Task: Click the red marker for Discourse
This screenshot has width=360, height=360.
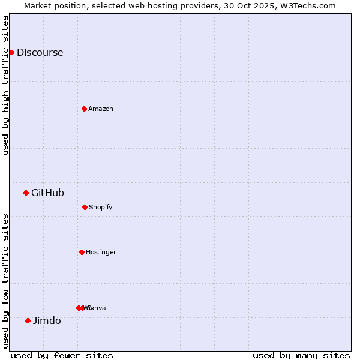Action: pos(11,52)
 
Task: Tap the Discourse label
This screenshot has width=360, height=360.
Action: pos(40,52)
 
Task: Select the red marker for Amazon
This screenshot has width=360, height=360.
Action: pos(84,109)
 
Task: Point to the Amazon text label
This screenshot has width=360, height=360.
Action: pos(101,109)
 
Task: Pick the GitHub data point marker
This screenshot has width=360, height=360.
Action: pos(26,193)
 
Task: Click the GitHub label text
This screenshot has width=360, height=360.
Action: pos(47,193)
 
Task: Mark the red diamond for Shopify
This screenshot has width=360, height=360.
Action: pos(85,207)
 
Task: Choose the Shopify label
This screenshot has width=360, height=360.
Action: pos(100,207)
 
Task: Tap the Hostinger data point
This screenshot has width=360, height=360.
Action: pos(82,252)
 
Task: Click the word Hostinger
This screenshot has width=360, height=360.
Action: pos(101,252)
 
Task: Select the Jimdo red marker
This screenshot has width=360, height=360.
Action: pos(28,320)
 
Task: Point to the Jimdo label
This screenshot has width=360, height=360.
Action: pos(47,320)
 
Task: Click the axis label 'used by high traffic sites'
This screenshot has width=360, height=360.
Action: pos(5,85)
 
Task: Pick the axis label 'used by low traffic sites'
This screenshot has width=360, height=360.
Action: pos(5,281)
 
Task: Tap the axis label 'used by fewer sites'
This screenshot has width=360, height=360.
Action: pos(62,355)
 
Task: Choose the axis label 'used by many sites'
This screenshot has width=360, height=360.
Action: pos(301,355)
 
